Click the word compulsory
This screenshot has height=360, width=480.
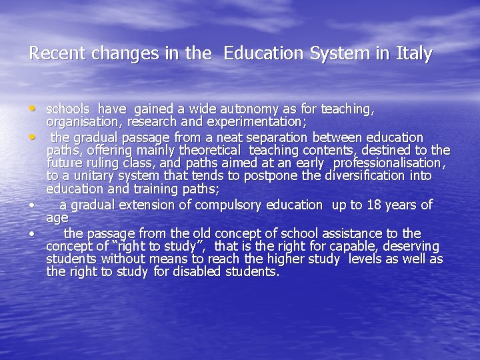[x=230, y=205]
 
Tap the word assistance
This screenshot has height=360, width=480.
[x=353, y=233]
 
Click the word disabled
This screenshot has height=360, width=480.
[x=197, y=272]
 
